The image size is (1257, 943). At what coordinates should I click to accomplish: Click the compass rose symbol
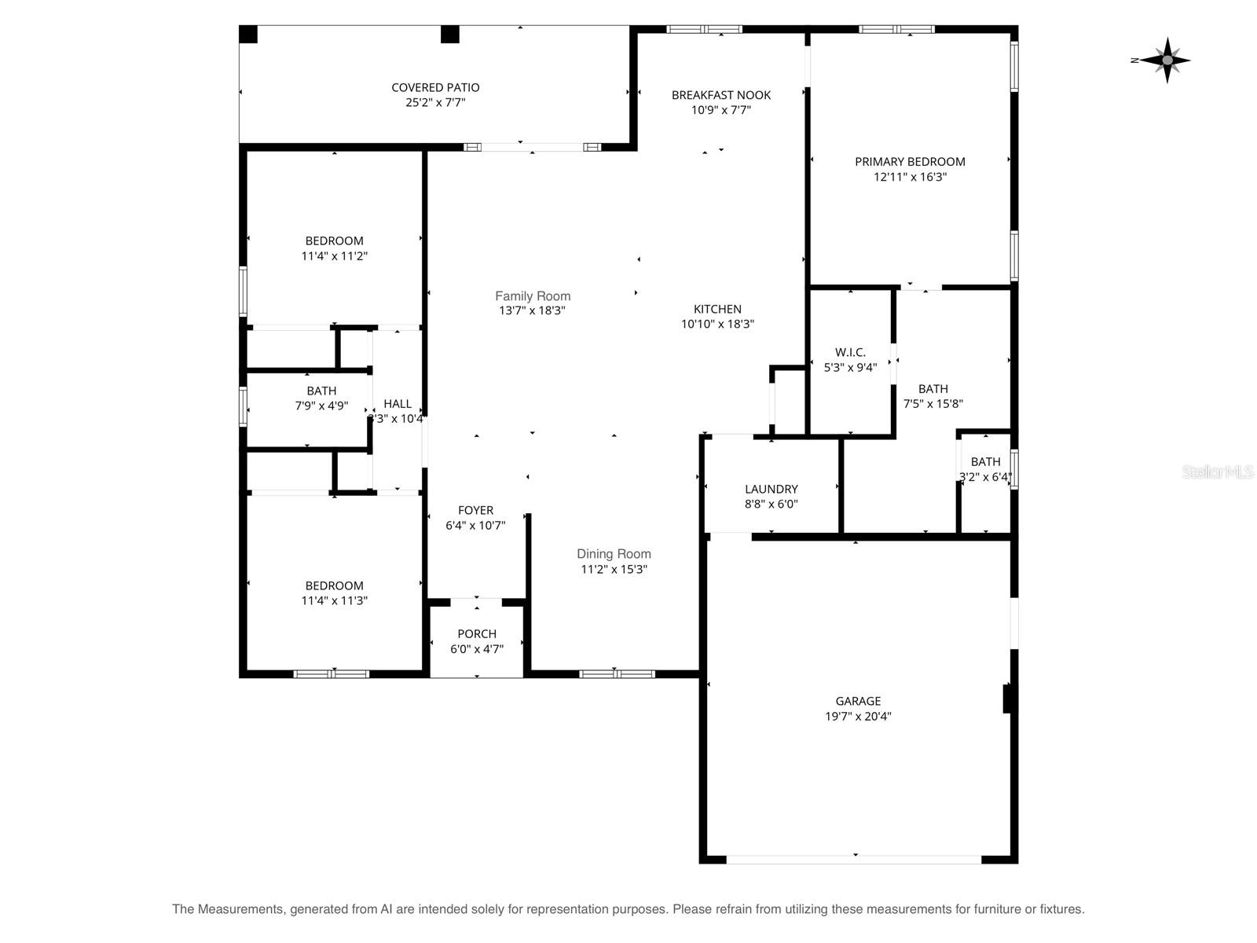pos(1167,60)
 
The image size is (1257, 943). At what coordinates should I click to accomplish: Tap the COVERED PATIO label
pos(435,87)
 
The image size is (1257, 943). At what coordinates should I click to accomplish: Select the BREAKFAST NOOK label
pos(720,95)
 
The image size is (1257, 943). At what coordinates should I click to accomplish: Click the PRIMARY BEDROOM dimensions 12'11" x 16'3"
pos(910,177)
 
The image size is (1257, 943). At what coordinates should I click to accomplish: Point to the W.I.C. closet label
pos(850,352)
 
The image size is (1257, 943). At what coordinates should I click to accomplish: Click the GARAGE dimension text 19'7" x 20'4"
pos(857,716)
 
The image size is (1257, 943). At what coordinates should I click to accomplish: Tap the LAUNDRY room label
pos(771,489)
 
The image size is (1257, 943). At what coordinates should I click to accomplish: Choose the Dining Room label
pos(614,554)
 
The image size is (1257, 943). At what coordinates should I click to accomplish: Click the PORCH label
pos(477,633)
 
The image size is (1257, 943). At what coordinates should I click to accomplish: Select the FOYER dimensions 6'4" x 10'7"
pos(475,525)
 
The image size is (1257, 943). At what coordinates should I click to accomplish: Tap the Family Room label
pos(533,295)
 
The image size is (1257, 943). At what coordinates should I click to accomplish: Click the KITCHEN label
pos(717,309)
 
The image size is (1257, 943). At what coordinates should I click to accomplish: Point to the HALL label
pos(398,404)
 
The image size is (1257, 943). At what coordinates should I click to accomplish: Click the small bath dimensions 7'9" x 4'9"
pos(321,405)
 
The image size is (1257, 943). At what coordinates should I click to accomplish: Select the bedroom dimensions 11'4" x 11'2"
pos(334,255)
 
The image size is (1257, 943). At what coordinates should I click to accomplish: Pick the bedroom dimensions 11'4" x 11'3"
pos(334,600)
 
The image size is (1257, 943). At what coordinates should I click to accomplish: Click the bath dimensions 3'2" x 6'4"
pos(984,476)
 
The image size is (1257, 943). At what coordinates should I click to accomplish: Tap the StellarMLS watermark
pos(1217,472)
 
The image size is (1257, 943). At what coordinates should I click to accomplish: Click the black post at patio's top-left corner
pos(248,35)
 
